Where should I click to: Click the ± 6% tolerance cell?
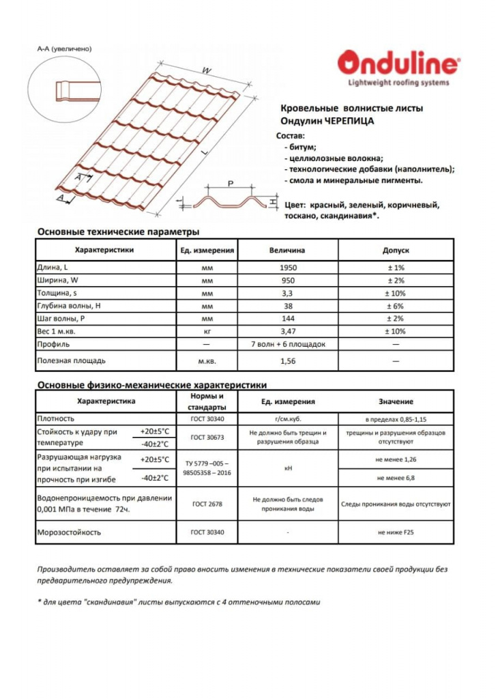click(x=396, y=306)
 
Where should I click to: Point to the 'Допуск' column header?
click(x=396, y=251)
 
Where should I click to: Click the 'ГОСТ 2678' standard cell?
click(x=206, y=504)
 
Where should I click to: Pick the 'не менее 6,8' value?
click(x=396, y=478)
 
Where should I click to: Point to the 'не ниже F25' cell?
click(x=396, y=531)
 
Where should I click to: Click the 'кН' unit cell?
click(x=289, y=469)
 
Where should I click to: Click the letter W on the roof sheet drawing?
click(x=205, y=70)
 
